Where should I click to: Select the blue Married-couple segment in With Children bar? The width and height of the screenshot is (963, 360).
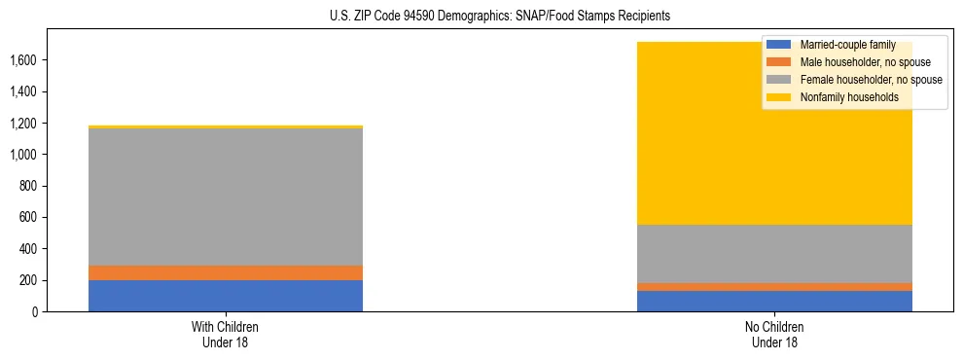(226, 296)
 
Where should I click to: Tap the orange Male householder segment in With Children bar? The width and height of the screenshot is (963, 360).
(226, 272)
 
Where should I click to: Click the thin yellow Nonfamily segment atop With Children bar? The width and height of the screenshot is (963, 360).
(226, 126)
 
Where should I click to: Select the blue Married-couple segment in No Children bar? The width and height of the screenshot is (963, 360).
(774, 301)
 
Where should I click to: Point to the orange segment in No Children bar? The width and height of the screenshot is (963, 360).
(774, 287)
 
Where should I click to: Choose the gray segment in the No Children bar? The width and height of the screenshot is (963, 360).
(774, 254)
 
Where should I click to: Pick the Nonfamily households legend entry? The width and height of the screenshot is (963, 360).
(841, 97)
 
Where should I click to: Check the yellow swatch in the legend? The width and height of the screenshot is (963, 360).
(779, 97)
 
